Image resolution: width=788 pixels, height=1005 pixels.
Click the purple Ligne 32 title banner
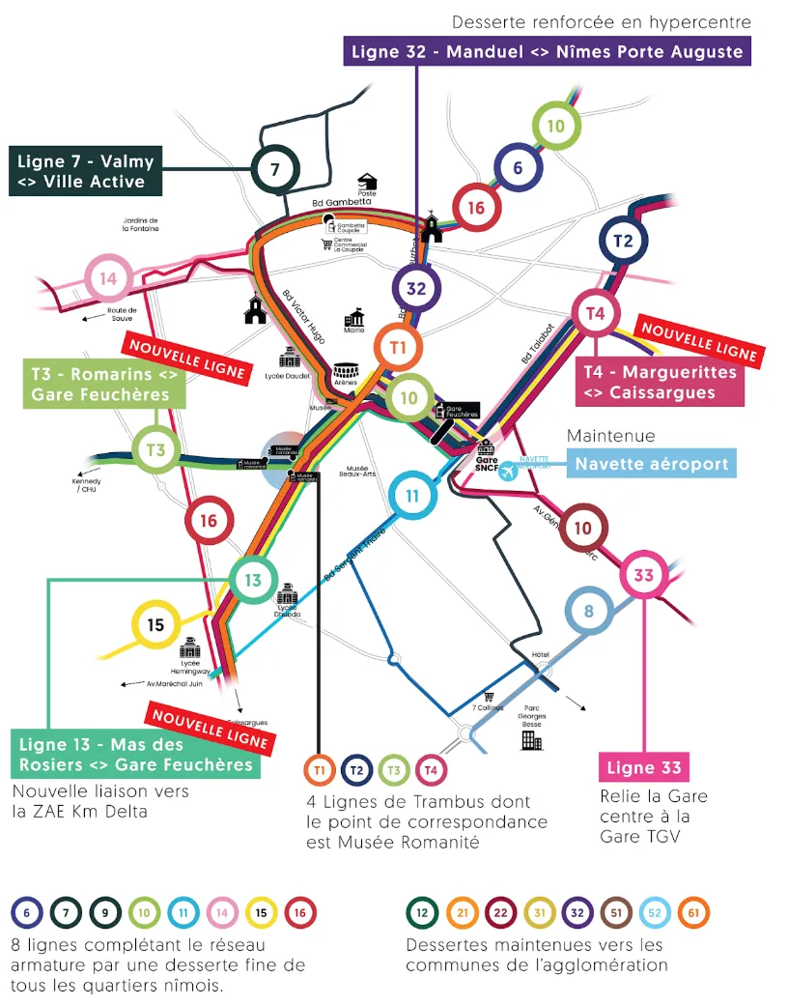click(x=547, y=51)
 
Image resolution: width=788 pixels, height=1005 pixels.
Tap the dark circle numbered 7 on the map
click(x=274, y=170)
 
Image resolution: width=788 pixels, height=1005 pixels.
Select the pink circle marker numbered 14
click(x=109, y=279)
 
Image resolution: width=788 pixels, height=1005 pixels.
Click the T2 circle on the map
click(x=623, y=241)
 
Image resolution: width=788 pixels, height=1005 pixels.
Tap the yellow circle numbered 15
click(x=155, y=625)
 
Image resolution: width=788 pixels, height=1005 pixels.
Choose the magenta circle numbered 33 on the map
click(x=643, y=576)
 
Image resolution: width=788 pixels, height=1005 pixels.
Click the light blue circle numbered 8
click(x=588, y=612)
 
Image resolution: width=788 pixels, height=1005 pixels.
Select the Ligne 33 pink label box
click(x=644, y=769)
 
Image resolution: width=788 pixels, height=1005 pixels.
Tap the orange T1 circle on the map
click(x=399, y=346)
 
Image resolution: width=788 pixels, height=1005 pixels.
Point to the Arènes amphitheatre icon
click(x=346, y=371)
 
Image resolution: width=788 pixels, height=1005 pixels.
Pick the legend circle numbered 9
click(x=105, y=911)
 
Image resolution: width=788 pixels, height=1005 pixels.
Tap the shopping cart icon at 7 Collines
click(x=489, y=696)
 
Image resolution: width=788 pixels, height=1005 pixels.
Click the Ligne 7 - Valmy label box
click(x=85, y=171)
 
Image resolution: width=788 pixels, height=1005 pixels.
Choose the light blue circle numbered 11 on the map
click(x=412, y=497)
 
